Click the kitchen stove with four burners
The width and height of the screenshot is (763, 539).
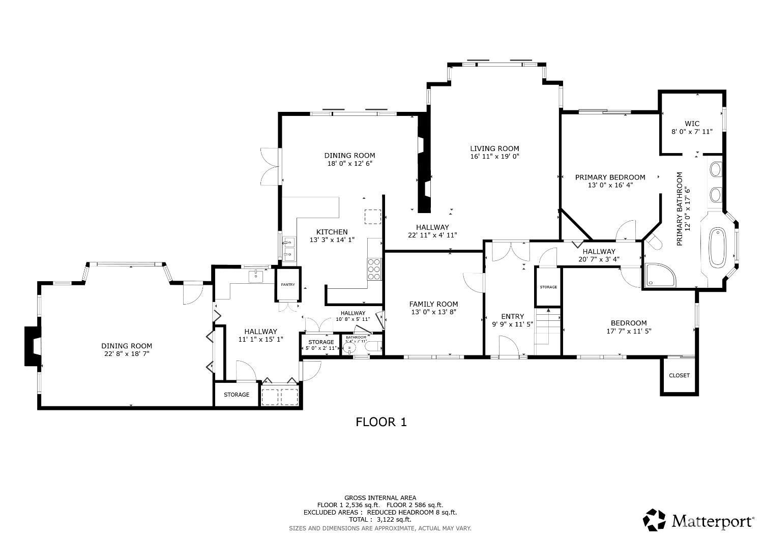coord(374,268)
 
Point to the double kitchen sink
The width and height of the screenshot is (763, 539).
coord(289,249)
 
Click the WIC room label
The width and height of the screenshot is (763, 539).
coord(692,124)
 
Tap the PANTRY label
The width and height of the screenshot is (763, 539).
coord(288,285)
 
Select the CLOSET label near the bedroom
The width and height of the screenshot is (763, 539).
coord(679,375)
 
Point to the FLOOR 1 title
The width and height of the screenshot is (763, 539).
coord(381,422)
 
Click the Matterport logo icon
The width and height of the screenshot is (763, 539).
coord(655,520)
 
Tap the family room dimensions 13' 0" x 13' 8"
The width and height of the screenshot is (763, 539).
coord(433,312)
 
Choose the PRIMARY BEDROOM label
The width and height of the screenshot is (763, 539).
coord(610,177)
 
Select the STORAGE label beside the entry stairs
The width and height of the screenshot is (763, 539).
coord(548,287)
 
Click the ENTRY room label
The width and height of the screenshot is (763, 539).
coord(512,316)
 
